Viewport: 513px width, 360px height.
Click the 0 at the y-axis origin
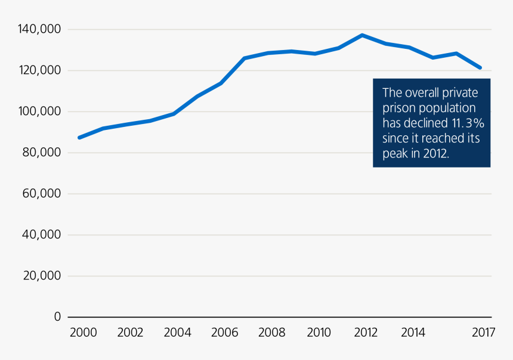click(x=57, y=317)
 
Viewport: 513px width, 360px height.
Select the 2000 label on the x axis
click(x=83, y=333)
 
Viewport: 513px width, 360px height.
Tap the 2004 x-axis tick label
click(x=177, y=333)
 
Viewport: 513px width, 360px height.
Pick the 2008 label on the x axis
click(x=271, y=333)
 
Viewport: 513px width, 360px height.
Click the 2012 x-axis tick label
click(x=365, y=333)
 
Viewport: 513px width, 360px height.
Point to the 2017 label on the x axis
click(x=483, y=333)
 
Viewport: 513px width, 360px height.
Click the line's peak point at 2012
click(x=362, y=35)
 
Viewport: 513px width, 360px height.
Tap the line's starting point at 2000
click(x=79, y=138)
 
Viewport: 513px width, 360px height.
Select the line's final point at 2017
click(x=480, y=68)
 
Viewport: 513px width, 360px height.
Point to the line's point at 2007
click(x=245, y=58)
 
